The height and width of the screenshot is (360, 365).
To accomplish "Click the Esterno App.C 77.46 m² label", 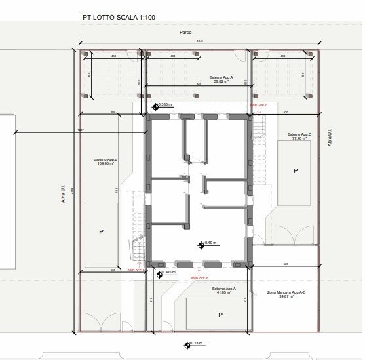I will (298, 136).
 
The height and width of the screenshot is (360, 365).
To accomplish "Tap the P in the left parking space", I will (101, 231).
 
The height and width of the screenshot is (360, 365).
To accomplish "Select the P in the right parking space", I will (296, 170).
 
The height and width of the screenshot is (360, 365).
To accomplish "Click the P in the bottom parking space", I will (221, 315).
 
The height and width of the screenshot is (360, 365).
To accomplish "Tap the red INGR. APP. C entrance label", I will (258, 105).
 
